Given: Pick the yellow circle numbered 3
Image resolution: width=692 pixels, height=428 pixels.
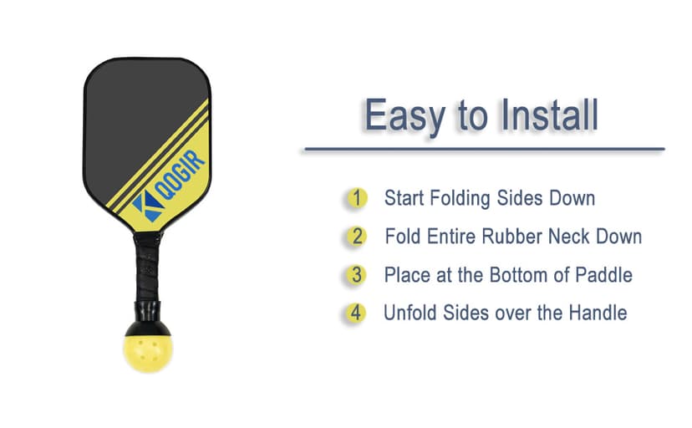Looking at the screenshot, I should [x=357, y=275].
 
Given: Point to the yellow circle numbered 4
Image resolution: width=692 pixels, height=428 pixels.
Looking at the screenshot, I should [x=357, y=313].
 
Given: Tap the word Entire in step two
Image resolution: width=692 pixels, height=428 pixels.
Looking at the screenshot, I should [x=449, y=237].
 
